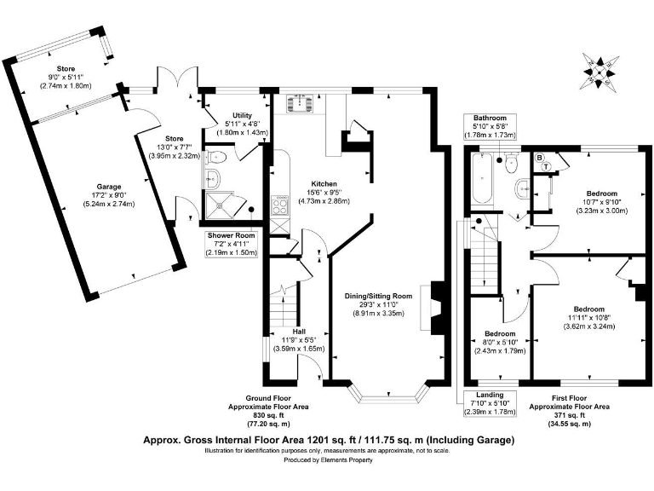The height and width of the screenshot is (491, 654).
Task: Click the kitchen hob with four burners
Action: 279,205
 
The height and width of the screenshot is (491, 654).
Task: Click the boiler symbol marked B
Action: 539,159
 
